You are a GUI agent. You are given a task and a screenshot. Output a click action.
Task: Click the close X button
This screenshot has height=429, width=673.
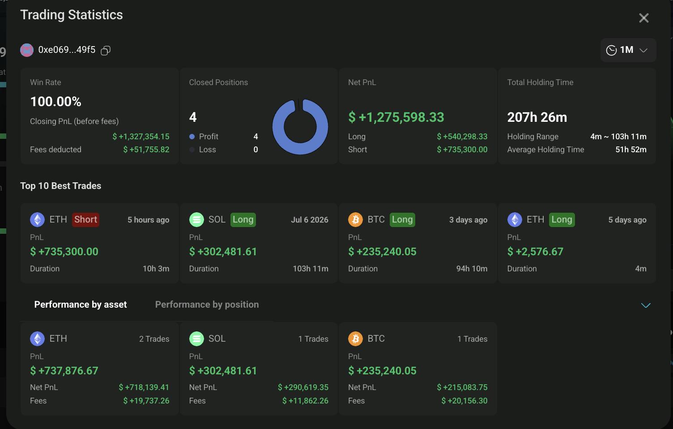[643, 18]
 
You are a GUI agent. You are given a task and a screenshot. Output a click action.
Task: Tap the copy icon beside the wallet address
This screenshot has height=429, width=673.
[106, 50]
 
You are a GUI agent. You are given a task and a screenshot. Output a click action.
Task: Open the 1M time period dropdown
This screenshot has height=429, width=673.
[628, 50]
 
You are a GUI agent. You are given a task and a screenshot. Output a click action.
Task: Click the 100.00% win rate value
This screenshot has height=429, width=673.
[55, 102]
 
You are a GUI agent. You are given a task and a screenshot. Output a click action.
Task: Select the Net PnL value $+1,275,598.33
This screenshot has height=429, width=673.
[396, 117]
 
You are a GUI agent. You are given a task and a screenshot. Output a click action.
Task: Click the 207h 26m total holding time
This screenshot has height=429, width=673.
[537, 117]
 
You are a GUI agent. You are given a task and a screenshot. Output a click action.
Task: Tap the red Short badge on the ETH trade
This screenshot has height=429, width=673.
[85, 219]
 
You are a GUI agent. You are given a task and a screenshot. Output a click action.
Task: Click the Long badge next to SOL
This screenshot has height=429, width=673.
[243, 219]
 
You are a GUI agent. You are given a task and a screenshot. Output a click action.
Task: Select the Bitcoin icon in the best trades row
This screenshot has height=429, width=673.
[355, 219]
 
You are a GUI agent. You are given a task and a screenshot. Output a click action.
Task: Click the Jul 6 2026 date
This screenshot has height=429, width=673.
[310, 220]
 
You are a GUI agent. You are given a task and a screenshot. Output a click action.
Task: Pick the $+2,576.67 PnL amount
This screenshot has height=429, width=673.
[535, 251]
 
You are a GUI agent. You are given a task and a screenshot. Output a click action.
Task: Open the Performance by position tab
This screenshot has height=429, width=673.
[207, 305]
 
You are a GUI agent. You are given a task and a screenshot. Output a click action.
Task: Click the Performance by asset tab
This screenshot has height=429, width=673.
[81, 305]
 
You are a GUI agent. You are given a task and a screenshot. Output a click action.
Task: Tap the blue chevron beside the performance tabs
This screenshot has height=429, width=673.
[646, 305]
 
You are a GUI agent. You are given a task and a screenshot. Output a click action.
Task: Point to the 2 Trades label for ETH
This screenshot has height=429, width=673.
[154, 339]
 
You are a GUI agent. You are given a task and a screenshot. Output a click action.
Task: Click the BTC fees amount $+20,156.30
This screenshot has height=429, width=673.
[464, 401]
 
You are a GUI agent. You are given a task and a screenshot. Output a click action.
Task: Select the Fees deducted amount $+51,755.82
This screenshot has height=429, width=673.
[146, 150]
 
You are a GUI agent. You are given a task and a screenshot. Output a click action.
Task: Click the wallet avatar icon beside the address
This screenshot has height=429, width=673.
[27, 50]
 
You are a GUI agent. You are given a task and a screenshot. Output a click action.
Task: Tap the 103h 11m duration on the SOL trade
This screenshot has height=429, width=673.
[311, 269]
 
